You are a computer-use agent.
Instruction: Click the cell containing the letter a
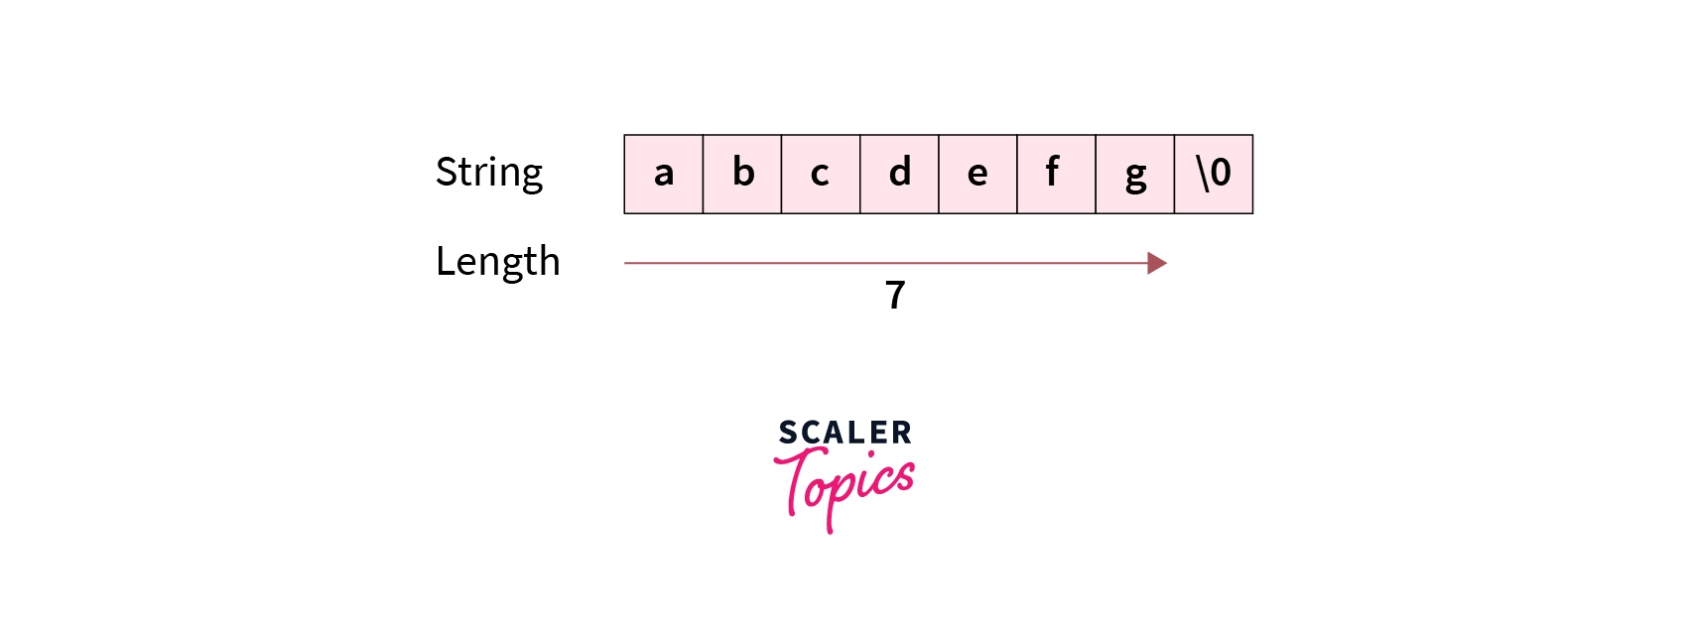(x=663, y=174)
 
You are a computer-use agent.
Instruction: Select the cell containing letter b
(x=742, y=174)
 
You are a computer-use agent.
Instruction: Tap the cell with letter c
(x=821, y=174)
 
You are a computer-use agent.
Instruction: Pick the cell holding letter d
(x=899, y=174)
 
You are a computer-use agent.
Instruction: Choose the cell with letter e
(x=978, y=174)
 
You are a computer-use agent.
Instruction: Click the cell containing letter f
(x=1057, y=174)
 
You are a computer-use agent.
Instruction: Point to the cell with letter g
(x=1135, y=174)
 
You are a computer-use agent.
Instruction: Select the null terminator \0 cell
(x=1214, y=174)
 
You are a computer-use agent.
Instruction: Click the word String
(x=489, y=174)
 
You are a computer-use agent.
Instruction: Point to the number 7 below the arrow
(x=895, y=295)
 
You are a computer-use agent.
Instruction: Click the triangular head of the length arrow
(x=1157, y=263)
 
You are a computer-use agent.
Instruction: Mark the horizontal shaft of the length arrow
(x=885, y=263)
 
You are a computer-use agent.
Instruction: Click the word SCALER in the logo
(x=845, y=433)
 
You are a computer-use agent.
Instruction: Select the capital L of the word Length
(x=447, y=261)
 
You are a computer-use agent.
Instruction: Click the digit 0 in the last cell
(x=1222, y=173)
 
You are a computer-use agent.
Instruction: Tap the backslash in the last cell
(x=1203, y=174)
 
